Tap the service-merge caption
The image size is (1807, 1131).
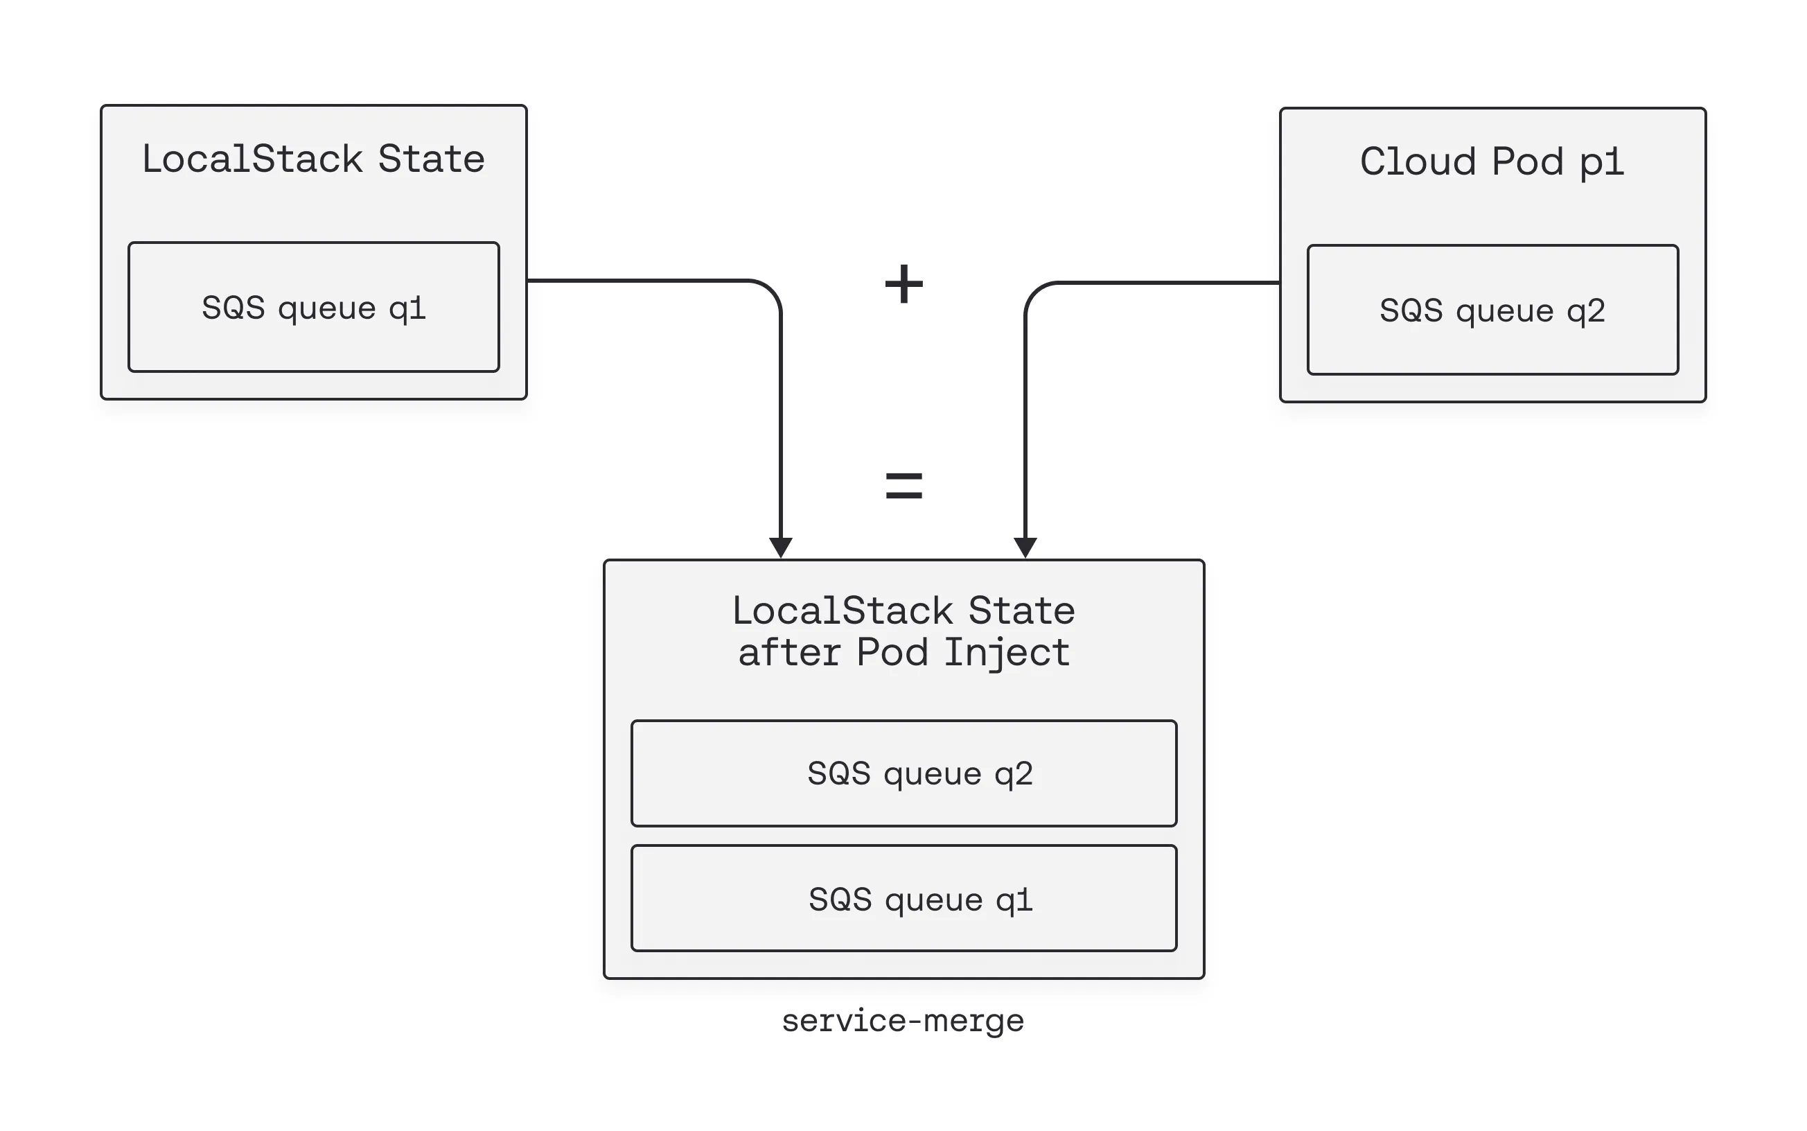coord(902,1020)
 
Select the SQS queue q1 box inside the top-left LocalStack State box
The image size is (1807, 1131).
coord(313,307)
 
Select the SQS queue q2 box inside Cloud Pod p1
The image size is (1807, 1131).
coord(1492,310)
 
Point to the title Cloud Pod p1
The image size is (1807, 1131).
coord(1492,161)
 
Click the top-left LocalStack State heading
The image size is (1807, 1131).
coord(313,159)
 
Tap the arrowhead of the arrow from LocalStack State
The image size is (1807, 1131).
coord(781,547)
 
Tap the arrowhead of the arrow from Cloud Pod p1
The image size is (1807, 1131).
coord(1025,547)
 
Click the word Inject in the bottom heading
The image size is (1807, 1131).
coord(1006,652)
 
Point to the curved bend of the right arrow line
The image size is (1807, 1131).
coord(1035,294)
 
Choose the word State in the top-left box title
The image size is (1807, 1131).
coord(431,159)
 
